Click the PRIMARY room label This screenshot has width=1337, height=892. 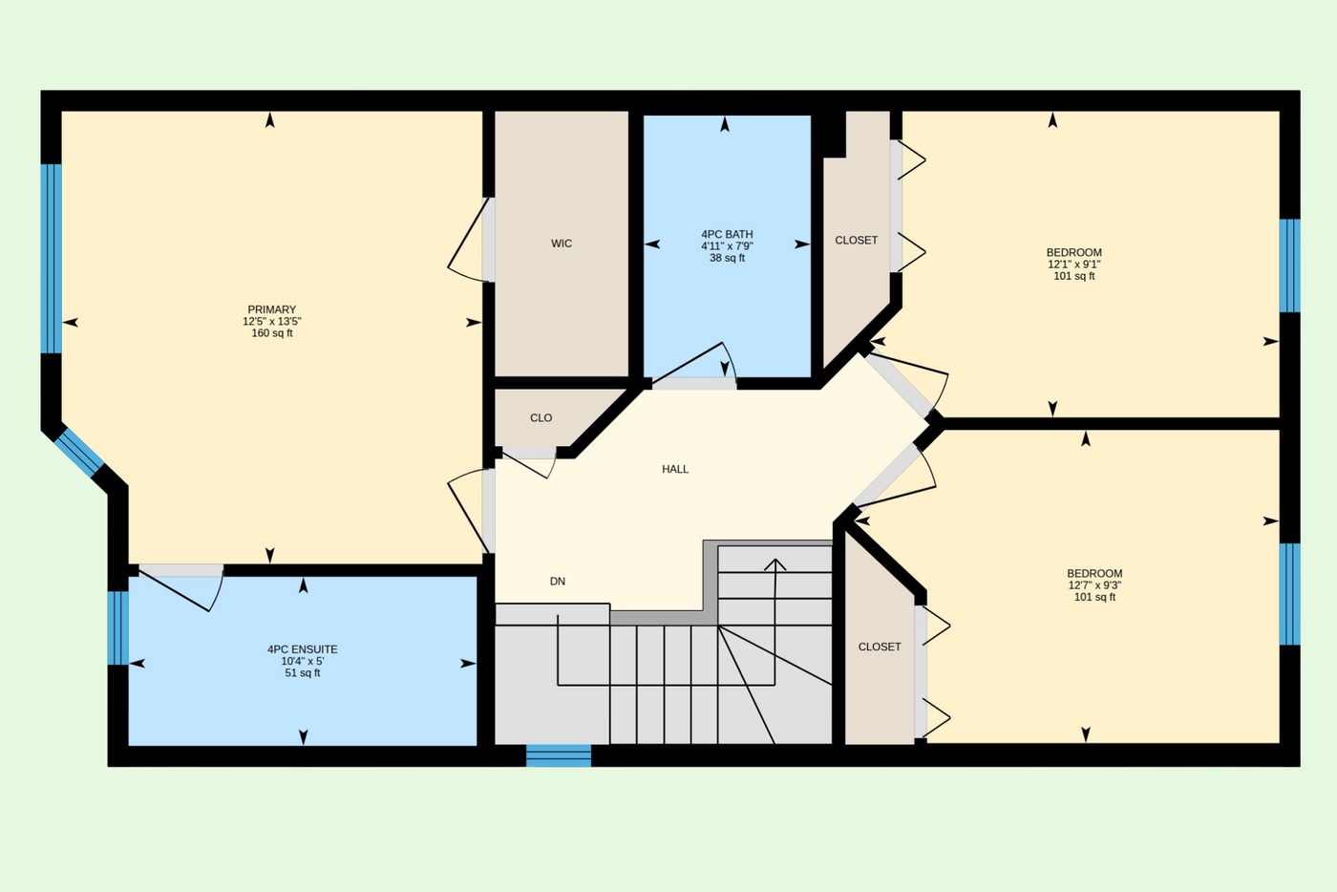pyautogui.click(x=271, y=309)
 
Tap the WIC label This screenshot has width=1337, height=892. pyautogui.click(x=562, y=243)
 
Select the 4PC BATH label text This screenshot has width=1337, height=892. pyautogui.click(x=727, y=234)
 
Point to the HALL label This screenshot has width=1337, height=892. pyautogui.click(x=675, y=469)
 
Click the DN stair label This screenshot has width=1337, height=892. pyautogui.click(x=558, y=581)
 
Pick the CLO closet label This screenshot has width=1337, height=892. pyautogui.click(x=541, y=418)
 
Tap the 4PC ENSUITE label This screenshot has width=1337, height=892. pyautogui.click(x=303, y=649)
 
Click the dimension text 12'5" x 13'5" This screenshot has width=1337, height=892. pyautogui.click(x=271, y=321)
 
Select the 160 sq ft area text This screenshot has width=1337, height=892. pyautogui.click(x=271, y=333)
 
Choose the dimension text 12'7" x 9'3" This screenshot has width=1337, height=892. pyautogui.click(x=1094, y=585)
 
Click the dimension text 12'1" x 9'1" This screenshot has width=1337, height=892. pyautogui.click(x=1073, y=264)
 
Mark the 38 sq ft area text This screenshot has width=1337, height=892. pyautogui.click(x=727, y=258)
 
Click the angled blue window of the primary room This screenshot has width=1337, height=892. pyautogui.click(x=79, y=453)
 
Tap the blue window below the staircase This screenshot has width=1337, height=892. pyautogui.click(x=559, y=755)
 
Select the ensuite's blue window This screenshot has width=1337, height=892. pyautogui.click(x=118, y=627)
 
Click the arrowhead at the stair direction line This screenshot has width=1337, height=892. pyautogui.click(x=775, y=564)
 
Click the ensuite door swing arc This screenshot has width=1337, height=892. pyautogui.click(x=217, y=592)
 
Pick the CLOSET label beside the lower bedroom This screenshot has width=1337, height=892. pyautogui.click(x=880, y=647)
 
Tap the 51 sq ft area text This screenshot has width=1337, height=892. pyautogui.click(x=303, y=673)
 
